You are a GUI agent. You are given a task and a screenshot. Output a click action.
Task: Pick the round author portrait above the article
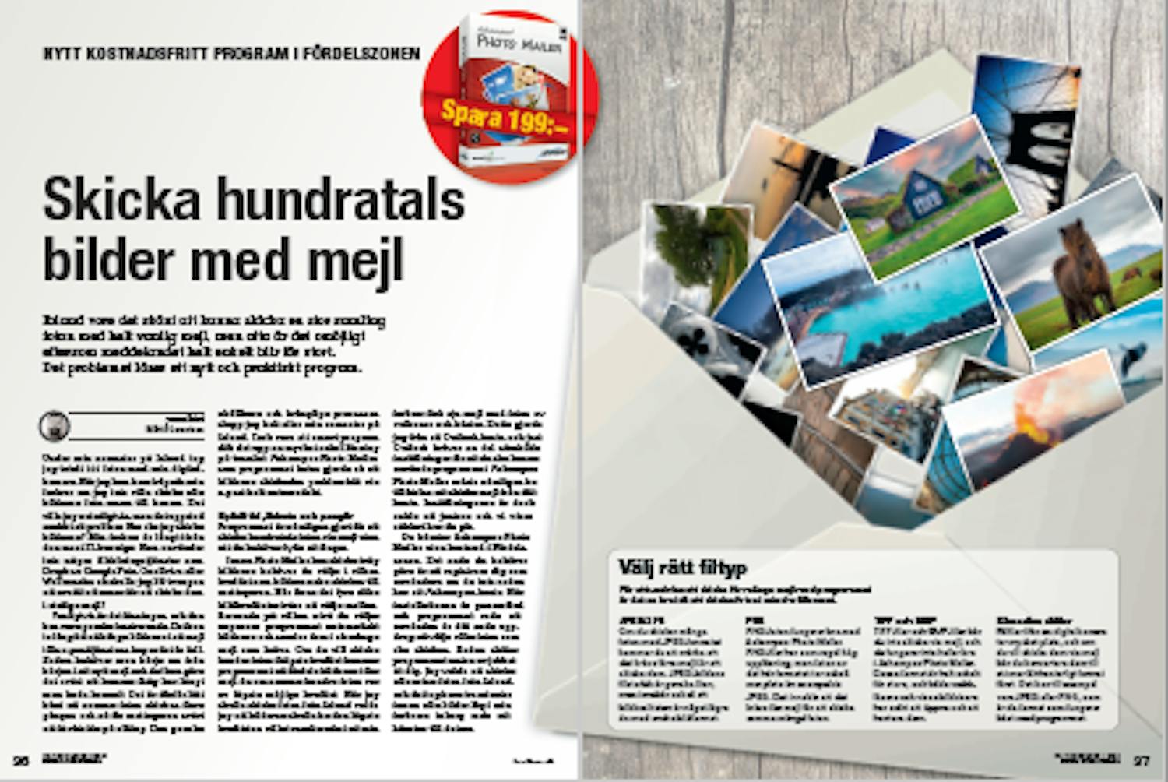[x=55, y=426]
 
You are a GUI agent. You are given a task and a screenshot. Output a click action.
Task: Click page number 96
[x=20, y=761]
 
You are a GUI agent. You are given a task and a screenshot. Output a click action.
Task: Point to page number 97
[x=1142, y=761]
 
